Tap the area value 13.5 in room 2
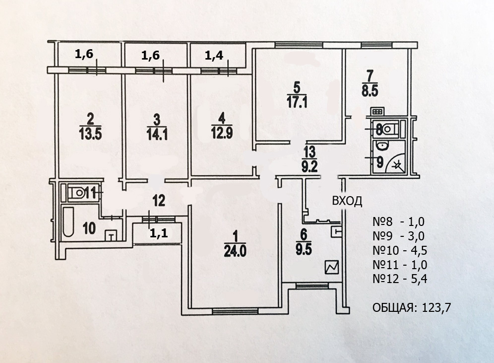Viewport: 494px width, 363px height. (90, 133)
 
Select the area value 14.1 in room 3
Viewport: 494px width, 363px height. (157, 133)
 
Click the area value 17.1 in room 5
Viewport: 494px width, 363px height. (297, 102)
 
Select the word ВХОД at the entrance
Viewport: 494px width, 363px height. (347, 201)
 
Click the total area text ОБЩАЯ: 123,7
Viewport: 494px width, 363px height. (411, 308)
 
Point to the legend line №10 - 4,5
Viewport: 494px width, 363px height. (399, 251)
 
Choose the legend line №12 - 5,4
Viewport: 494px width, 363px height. (399, 279)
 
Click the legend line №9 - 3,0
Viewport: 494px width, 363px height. (399, 236)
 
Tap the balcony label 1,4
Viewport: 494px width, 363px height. (214, 56)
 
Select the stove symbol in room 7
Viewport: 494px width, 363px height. (378, 112)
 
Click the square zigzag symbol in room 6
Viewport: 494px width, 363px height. (332, 268)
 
